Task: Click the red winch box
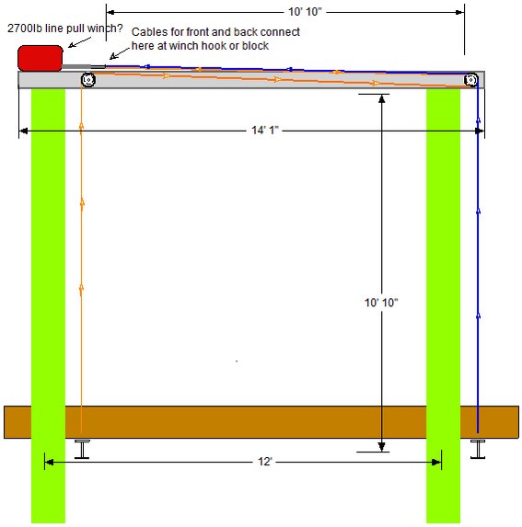(40, 58)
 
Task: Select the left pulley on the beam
(88, 80)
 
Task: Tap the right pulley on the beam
(470, 80)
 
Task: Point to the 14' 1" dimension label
(265, 130)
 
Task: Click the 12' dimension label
(265, 462)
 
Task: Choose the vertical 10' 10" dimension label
(381, 303)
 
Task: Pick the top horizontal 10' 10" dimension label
(305, 12)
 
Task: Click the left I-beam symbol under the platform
(82, 449)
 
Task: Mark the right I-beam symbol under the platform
(478, 449)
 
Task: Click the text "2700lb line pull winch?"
(65, 29)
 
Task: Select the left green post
(48, 305)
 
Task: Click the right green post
(444, 305)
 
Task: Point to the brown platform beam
(261, 422)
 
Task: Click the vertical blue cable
(478, 258)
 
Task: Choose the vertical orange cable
(81, 258)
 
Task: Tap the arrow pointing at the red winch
(79, 42)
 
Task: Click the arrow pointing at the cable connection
(120, 53)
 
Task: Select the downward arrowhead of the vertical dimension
(381, 447)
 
